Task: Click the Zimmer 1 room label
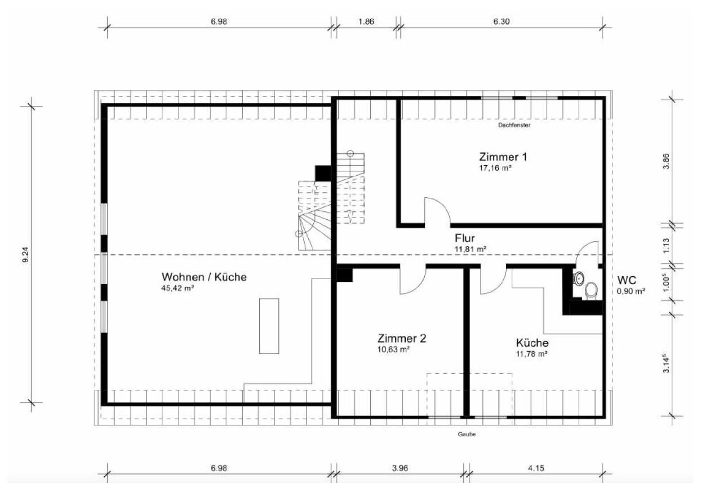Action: click(x=503, y=157)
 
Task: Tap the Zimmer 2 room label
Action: click(x=402, y=339)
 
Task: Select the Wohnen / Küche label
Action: click(x=204, y=277)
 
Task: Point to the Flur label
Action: click(x=465, y=238)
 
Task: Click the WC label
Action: click(x=627, y=280)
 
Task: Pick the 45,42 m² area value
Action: click(x=177, y=288)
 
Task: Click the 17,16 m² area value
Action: click(x=495, y=168)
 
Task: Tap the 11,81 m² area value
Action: click(x=471, y=249)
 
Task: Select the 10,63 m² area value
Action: click(x=393, y=349)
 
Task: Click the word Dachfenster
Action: click(x=514, y=125)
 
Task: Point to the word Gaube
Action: click(x=467, y=434)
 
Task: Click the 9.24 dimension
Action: click(x=26, y=255)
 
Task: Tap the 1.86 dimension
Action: click(x=366, y=21)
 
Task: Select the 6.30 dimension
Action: click(x=502, y=21)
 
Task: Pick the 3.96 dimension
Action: click(x=400, y=468)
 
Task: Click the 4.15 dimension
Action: click(x=536, y=468)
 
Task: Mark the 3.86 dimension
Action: click(x=666, y=161)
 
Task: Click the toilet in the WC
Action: click(x=591, y=290)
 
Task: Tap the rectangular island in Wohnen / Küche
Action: click(x=269, y=326)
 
